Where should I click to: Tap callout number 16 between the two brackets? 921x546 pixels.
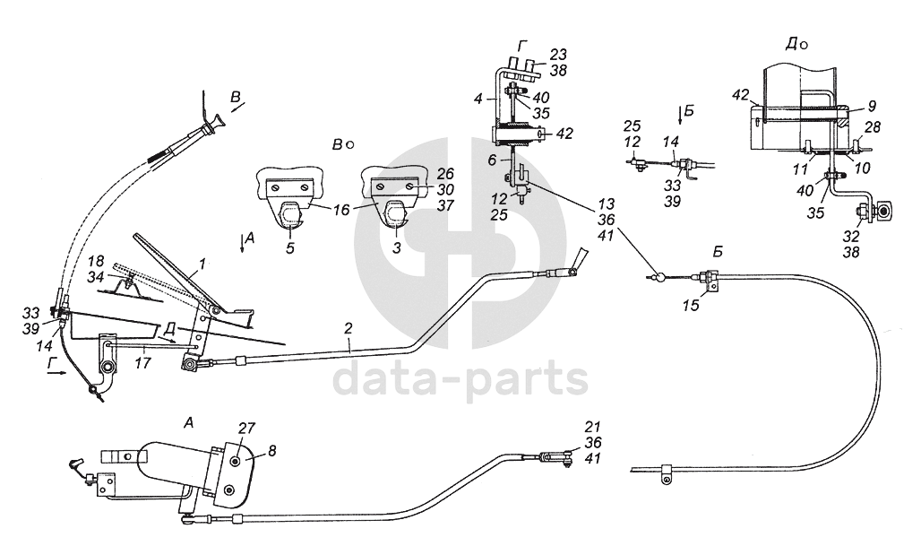coord(341,209)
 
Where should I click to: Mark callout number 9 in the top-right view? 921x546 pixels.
coord(872,105)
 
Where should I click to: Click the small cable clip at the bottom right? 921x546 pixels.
coord(665,472)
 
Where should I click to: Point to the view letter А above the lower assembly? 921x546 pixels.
coord(187,422)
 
